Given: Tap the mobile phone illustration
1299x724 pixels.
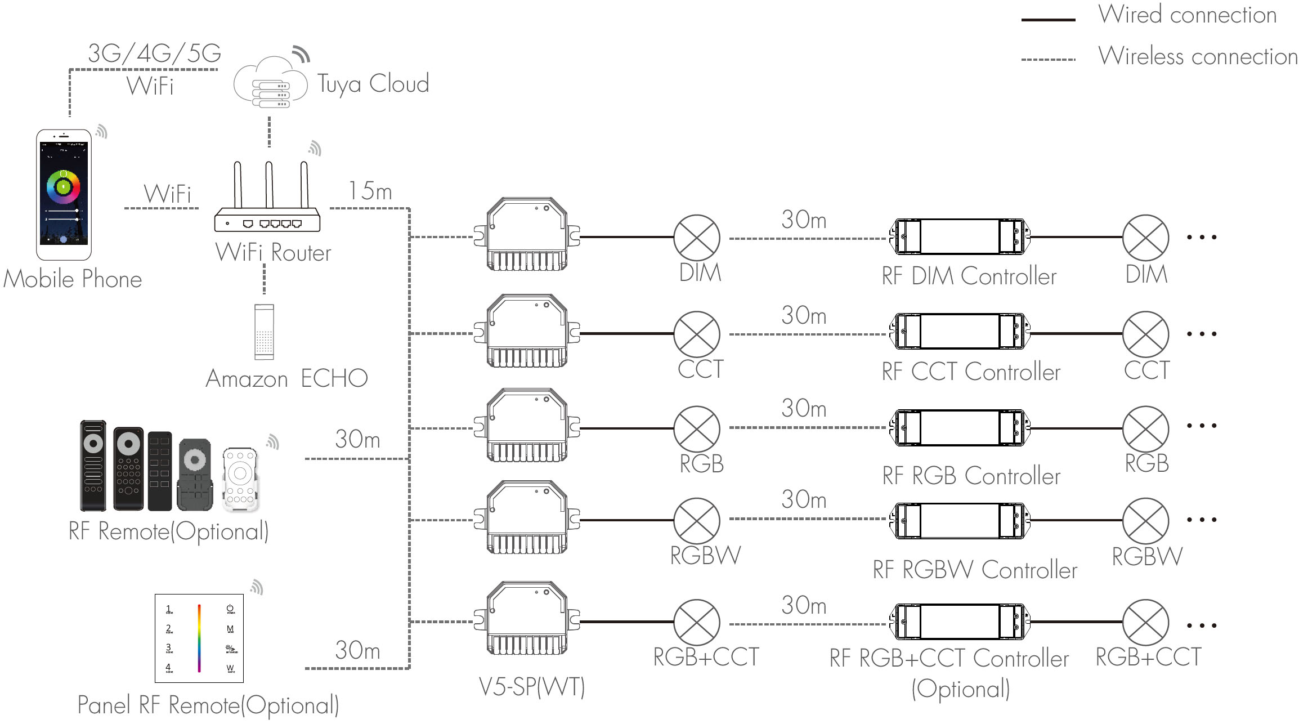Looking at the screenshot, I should click(64, 195).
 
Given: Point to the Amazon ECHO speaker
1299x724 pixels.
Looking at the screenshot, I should click(264, 332).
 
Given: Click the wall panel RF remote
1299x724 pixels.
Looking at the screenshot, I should click(199, 638).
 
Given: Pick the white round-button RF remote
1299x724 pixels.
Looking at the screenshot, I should click(240, 480).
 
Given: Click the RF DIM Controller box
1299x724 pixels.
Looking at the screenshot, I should click(960, 237).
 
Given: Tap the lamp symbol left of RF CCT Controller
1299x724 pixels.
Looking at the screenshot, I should click(697, 334).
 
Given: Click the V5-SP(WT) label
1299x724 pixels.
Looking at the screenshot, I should click(532, 686).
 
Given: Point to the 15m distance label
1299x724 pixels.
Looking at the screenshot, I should click(370, 191).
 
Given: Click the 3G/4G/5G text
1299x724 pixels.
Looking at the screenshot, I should click(154, 53).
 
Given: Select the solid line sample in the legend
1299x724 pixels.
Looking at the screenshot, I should click(1048, 20).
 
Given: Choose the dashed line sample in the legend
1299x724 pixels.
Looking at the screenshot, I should click(1048, 59).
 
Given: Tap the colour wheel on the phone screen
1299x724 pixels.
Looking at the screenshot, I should click(64, 186).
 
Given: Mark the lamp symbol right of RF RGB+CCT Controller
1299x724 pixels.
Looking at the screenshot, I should click(1145, 622).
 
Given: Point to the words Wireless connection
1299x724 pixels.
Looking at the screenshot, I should click(1198, 56).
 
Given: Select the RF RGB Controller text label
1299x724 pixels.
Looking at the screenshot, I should click(971, 476).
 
